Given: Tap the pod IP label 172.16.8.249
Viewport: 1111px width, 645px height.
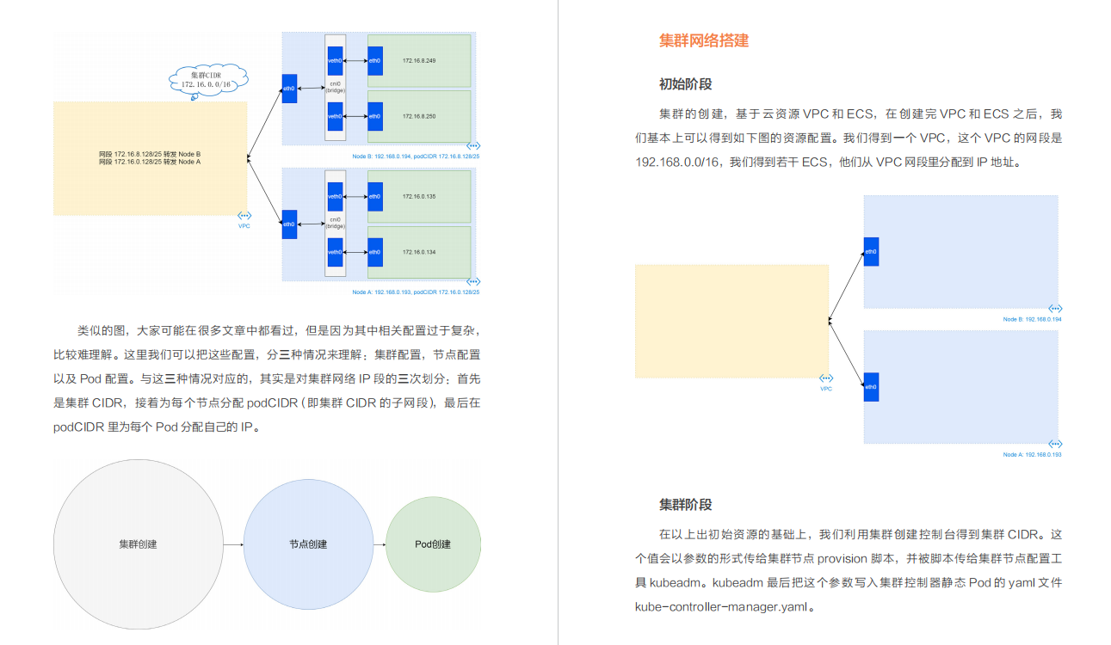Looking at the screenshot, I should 419,61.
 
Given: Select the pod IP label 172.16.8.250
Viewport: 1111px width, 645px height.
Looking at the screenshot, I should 419,115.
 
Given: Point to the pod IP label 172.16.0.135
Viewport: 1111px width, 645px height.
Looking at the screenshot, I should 419,197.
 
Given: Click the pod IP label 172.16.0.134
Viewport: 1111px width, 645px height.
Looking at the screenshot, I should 419,252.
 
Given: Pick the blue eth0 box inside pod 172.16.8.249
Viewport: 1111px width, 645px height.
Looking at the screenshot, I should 374,61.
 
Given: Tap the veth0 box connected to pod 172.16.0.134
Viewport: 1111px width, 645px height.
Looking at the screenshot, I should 335,252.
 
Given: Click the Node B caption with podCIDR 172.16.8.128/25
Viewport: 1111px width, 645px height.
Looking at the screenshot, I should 416,157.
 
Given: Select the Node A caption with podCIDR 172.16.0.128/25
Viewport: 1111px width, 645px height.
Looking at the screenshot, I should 416,292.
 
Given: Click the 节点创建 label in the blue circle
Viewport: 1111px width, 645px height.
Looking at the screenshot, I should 308,544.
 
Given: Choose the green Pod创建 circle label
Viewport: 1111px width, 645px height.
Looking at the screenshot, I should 433,544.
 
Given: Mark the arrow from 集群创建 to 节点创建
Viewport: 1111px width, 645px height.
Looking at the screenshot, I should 232,544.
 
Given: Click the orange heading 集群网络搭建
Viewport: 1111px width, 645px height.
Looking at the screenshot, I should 704,40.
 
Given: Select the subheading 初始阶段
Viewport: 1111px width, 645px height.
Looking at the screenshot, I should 685,84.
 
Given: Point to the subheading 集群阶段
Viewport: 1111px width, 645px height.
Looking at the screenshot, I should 685,505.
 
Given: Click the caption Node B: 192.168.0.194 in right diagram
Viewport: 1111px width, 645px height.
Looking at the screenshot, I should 1032,319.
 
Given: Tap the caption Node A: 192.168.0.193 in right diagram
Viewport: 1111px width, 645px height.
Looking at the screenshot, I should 1032,454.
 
